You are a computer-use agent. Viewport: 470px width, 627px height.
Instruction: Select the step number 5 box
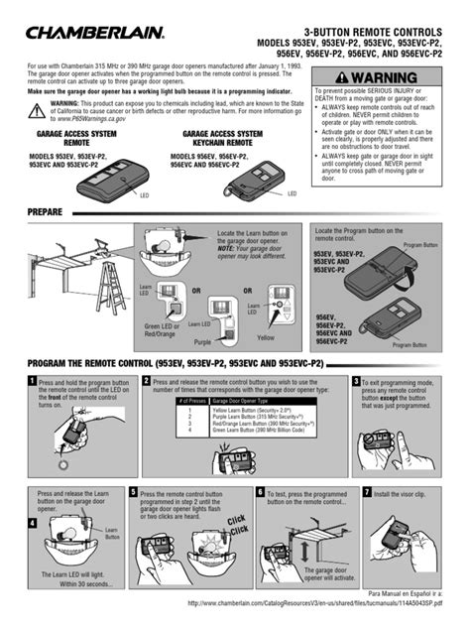point(134,492)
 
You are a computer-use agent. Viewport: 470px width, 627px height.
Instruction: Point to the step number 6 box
point(260,492)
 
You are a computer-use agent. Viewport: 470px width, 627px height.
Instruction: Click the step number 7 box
point(367,492)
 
